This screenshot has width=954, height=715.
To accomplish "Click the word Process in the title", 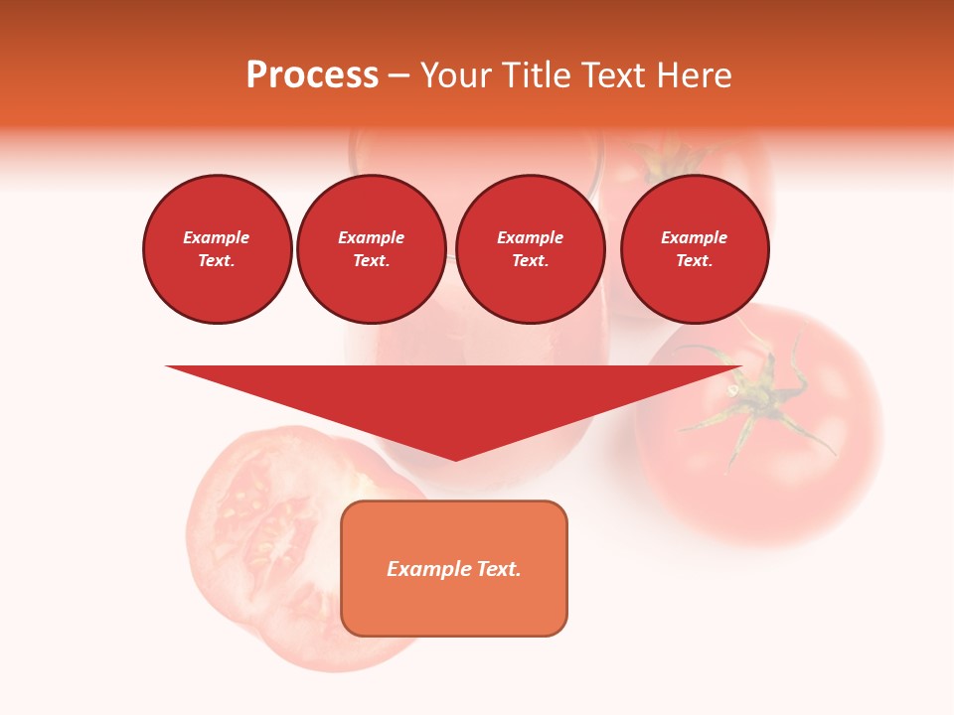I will click(312, 75).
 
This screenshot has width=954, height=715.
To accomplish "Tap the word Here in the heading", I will click(695, 75).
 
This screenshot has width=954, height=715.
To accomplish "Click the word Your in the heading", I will click(455, 75).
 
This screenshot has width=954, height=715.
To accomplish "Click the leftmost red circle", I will click(218, 249).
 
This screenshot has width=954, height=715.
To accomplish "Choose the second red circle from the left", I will click(372, 249).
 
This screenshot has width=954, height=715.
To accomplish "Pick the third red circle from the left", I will click(531, 249).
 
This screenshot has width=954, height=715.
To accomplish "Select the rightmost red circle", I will click(695, 249).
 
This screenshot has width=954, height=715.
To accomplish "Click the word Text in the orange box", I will click(498, 569).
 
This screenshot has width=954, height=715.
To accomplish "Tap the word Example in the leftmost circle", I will click(217, 238).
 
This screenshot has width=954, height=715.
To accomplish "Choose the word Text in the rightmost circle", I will click(694, 261).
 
